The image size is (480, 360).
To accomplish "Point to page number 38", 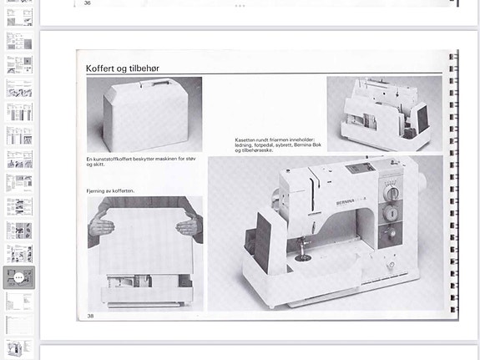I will [91, 316].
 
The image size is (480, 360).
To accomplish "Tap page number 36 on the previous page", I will [88, 3].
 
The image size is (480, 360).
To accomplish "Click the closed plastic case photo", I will [144, 114].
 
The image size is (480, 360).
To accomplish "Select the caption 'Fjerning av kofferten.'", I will [110, 191].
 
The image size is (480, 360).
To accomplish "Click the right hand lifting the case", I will [189, 226].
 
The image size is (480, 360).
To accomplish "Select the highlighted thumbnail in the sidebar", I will [18, 277].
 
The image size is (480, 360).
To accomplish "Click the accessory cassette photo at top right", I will [384, 114].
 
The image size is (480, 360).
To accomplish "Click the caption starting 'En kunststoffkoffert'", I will [141, 161].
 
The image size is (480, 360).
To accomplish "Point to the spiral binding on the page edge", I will [453, 184].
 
